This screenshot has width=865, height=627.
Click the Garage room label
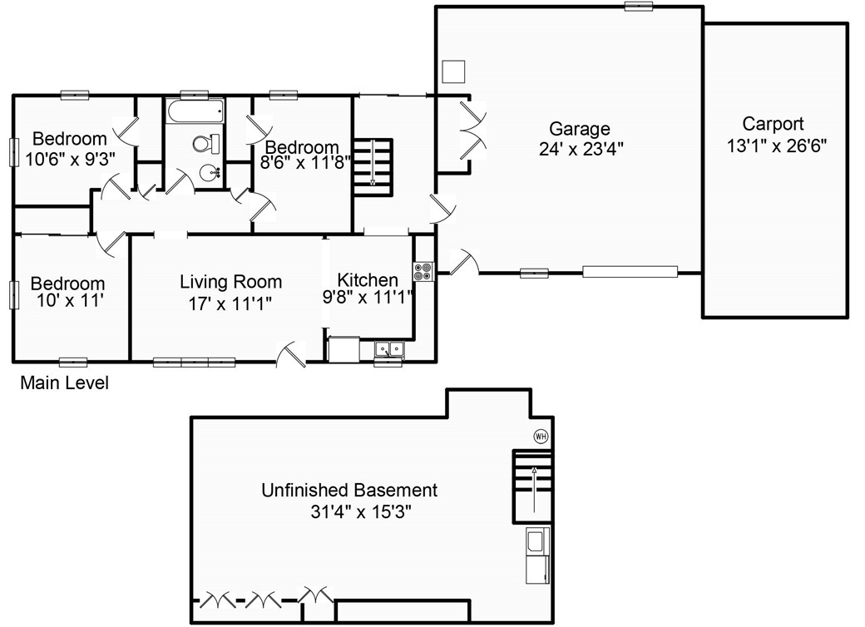tap(580, 129)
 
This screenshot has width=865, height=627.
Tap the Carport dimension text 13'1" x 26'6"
tap(774, 144)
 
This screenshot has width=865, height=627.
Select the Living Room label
tap(230, 283)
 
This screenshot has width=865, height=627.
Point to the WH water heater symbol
tap(541, 436)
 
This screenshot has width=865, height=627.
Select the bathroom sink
tap(210, 173)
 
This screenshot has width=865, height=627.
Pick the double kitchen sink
tap(388, 349)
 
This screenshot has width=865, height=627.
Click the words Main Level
tap(64, 383)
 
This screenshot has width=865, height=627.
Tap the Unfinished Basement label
tap(349, 490)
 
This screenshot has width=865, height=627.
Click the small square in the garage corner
tap(453, 72)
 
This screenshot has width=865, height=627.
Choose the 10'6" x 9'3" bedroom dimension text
tap(70, 156)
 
